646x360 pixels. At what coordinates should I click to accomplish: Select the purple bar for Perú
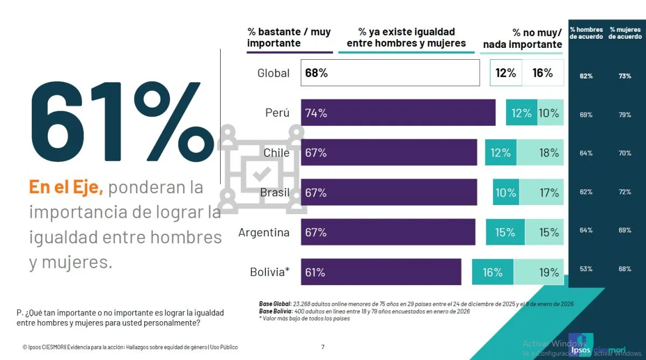tap(398, 113)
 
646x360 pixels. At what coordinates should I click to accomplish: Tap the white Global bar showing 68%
tap(390, 73)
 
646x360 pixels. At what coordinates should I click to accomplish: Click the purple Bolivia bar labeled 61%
tap(381, 272)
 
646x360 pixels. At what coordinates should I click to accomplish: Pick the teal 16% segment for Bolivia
tap(493, 272)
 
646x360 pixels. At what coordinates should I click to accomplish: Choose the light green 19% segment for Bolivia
tap(539, 272)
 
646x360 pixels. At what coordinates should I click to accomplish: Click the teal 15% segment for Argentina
tap(505, 232)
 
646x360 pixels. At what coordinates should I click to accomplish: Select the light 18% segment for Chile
tap(540, 153)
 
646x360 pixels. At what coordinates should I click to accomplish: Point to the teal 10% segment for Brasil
tap(505, 193)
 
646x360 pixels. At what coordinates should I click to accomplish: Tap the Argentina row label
tap(264, 232)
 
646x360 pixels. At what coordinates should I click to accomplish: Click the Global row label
tap(273, 73)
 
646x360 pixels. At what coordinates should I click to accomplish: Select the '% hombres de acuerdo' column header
tap(586, 33)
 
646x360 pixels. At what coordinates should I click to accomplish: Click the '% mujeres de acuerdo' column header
tap(625, 33)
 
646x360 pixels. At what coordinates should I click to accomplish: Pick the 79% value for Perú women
tap(625, 115)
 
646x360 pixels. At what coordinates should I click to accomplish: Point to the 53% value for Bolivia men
tap(586, 269)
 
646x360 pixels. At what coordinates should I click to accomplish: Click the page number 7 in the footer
tap(323, 347)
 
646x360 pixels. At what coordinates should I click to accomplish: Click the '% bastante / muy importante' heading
tap(289, 38)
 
